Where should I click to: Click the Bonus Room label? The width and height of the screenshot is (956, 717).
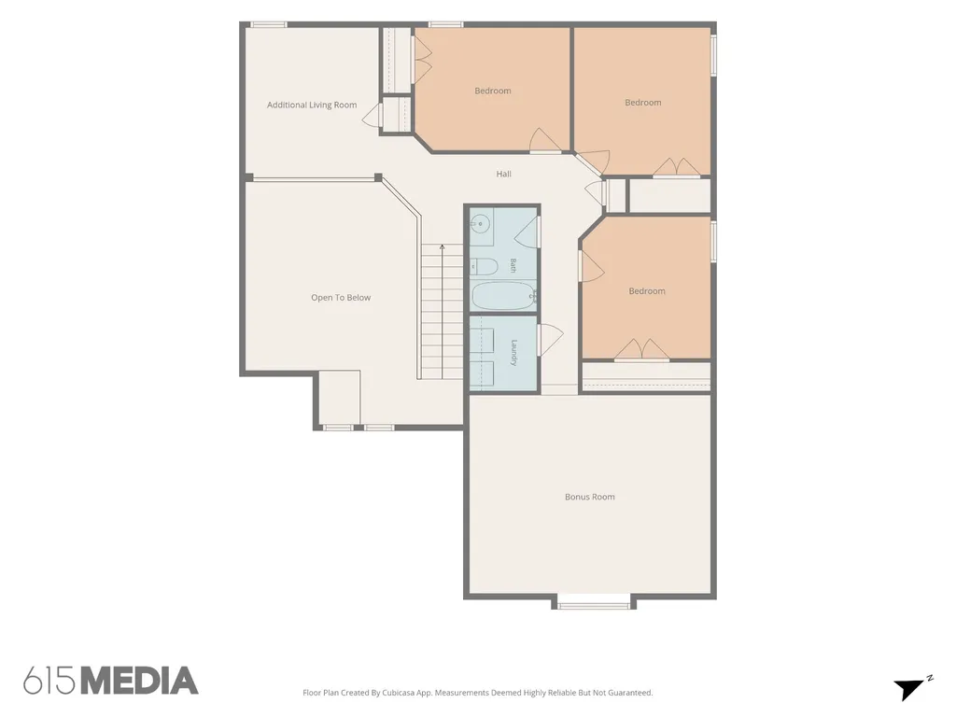[x=590, y=497]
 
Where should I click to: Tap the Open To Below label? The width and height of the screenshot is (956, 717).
[x=341, y=298]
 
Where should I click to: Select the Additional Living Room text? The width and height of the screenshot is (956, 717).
[x=312, y=105]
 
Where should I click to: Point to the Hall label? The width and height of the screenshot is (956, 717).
[x=503, y=175]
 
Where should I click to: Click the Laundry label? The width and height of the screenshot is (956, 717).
[x=514, y=352]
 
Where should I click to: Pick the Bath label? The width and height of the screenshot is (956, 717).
[x=513, y=265]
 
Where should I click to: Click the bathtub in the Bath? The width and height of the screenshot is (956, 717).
[x=503, y=296]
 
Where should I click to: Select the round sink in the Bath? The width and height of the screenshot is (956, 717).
[x=481, y=224]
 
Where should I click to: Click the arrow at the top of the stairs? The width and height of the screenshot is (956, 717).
[x=442, y=247]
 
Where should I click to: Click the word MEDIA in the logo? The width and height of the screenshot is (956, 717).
[x=140, y=681]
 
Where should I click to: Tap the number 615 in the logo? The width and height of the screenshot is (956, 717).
[x=50, y=681]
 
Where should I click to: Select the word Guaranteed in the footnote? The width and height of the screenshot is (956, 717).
[x=631, y=693]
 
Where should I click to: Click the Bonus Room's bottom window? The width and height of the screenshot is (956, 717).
[x=595, y=605]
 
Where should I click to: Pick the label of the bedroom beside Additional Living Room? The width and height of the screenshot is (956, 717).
[x=493, y=91]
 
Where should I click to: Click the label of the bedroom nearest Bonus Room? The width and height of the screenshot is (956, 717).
[x=647, y=291]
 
